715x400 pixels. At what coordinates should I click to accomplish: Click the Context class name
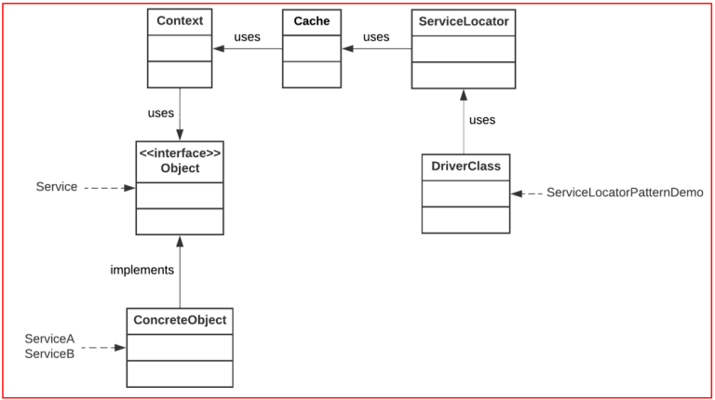pyautogui.click(x=180, y=20)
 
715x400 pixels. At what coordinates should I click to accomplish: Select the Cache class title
pyautogui.click(x=312, y=20)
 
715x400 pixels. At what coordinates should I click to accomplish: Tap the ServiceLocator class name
pyautogui.click(x=463, y=20)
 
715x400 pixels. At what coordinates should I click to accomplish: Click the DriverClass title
pyautogui.click(x=465, y=167)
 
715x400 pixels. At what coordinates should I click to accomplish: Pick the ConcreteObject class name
pyautogui.click(x=180, y=320)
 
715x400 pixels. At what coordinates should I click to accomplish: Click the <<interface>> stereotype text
pyautogui.click(x=180, y=153)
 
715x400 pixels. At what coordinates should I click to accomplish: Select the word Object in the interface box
pyautogui.click(x=180, y=168)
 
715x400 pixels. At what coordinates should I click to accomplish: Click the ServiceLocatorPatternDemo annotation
pyautogui.click(x=624, y=193)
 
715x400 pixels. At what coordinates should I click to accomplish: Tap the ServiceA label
pyautogui.click(x=49, y=339)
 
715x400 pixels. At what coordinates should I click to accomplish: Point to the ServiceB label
pyautogui.click(x=49, y=353)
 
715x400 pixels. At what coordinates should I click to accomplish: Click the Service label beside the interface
pyautogui.click(x=57, y=187)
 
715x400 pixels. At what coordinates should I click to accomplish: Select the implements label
pyautogui.click(x=142, y=270)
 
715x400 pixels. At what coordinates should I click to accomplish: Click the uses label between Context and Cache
pyautogui.click(x=247, y=37)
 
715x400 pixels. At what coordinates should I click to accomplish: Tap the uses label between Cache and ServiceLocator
pyautogui.click(x=376, y=37)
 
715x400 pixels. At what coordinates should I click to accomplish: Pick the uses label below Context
pyautogui.click(x=161, y=113)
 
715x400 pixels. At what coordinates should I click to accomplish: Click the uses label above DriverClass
pyautogui.click(x=482, y=120)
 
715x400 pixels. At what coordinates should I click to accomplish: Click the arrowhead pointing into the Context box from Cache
pyautogui.click(x=219, y=48)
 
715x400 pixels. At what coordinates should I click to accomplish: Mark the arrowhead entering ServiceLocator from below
pyautogui.click(x=464, y=94)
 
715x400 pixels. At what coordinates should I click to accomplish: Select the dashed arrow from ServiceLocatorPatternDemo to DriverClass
pyautogui.click(x=527, y=193)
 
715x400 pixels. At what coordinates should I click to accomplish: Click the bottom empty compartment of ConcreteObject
pyautogui.click(x=180, y=373)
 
